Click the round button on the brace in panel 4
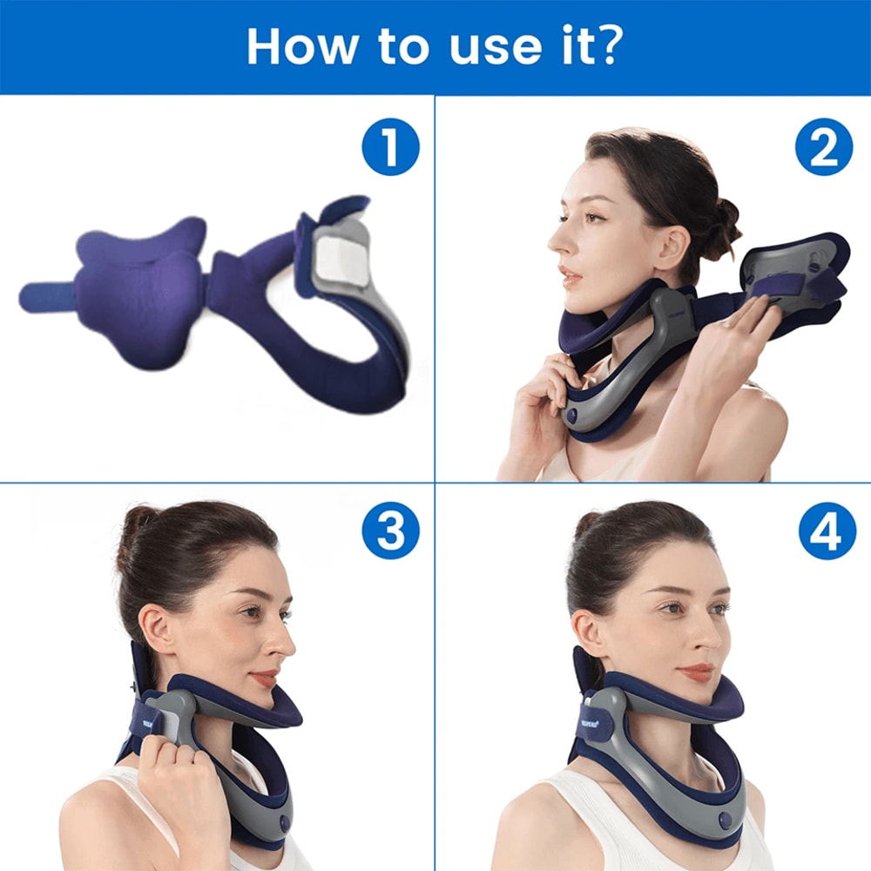pyautogui.click(x=719, y=822)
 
